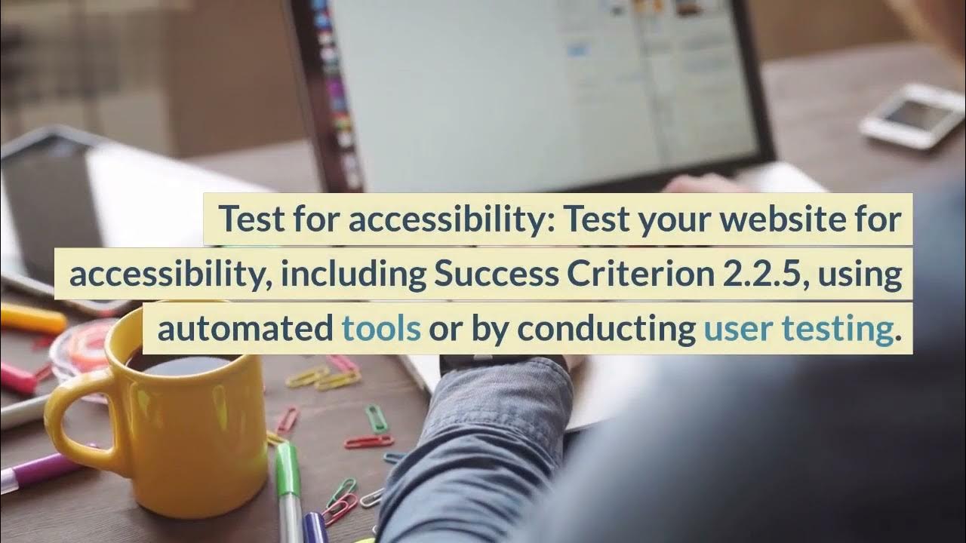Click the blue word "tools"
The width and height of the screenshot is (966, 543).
[381, 330]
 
